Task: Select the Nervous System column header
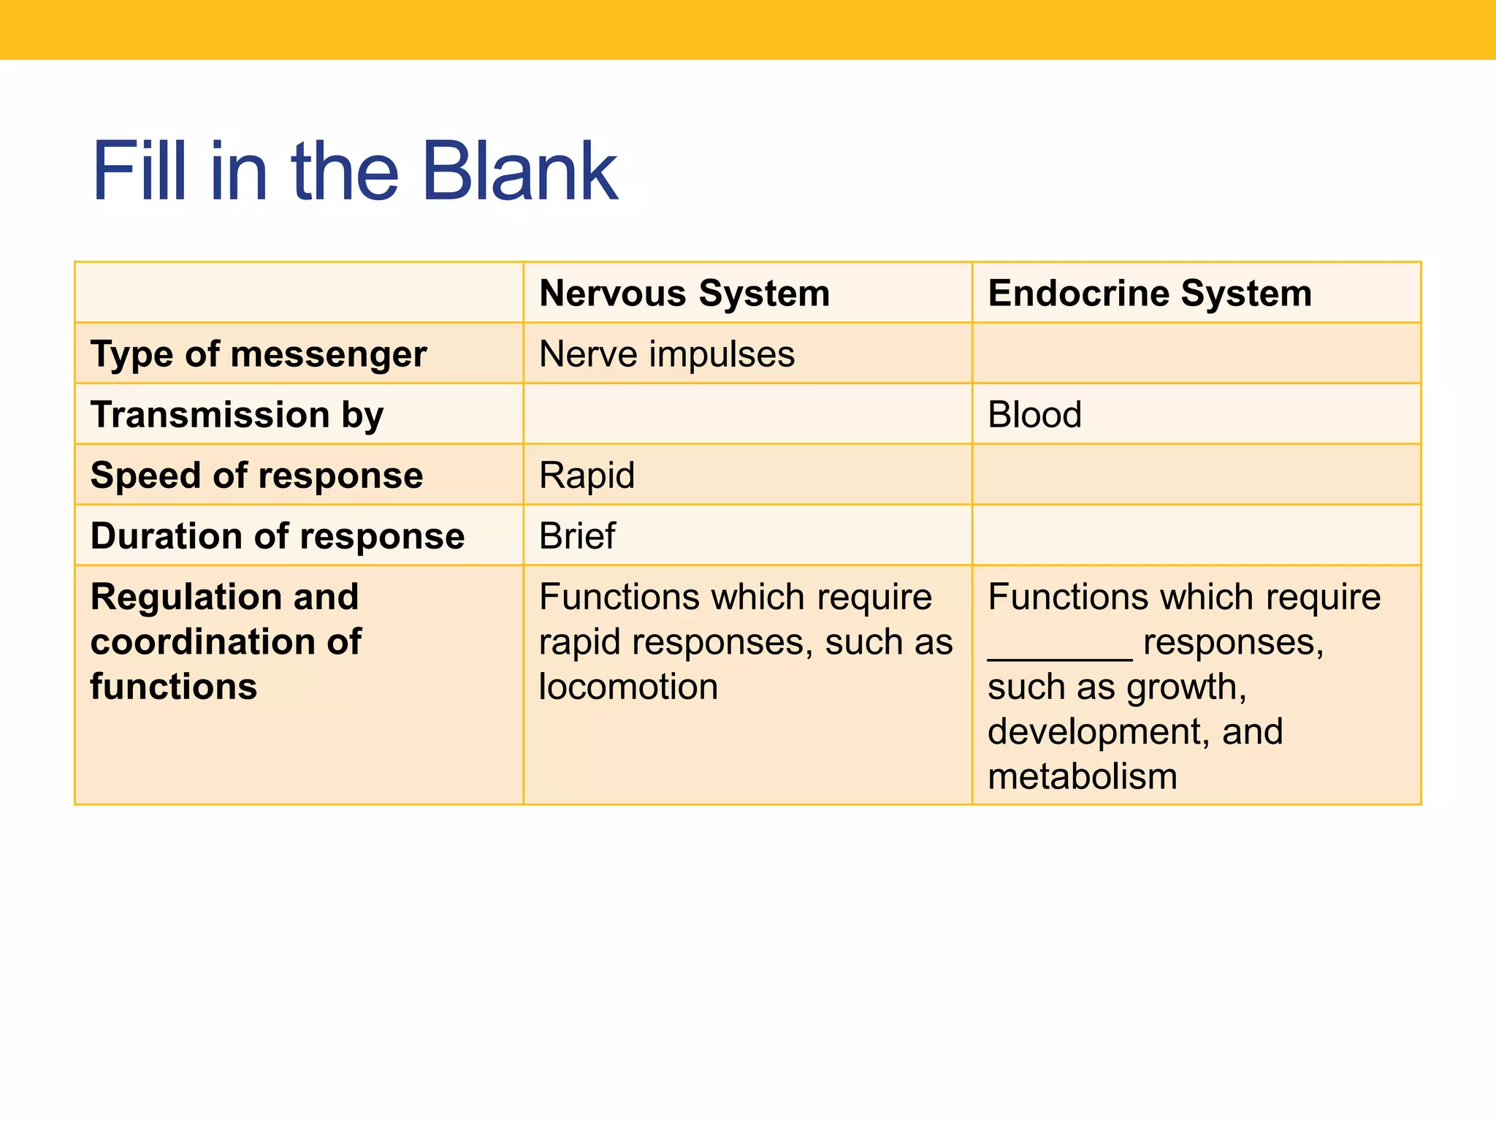click(x=684, y=293)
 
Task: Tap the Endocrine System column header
click(x=1150, y=293)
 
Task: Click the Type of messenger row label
click(x=259, y=354)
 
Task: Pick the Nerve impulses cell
click(x=666, y=354)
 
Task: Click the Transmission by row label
click(x=237, y=415)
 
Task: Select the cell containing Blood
click(x=1034, y=415)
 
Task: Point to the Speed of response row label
click(x=256, y=476)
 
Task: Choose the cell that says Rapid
click(x=587, y=476)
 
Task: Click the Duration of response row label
click(x=278, y=536)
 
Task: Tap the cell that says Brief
click(x=577, y=536)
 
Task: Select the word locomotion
click(x=628, y=687)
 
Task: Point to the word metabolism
click(x=1082, y=776)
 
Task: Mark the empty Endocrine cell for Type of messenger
click(x=1196, y=354)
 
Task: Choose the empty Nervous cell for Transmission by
click(x=747, y=414)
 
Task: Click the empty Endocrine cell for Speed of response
click(x=1196, y=475)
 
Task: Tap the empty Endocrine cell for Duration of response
click(x=1196, y=535)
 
